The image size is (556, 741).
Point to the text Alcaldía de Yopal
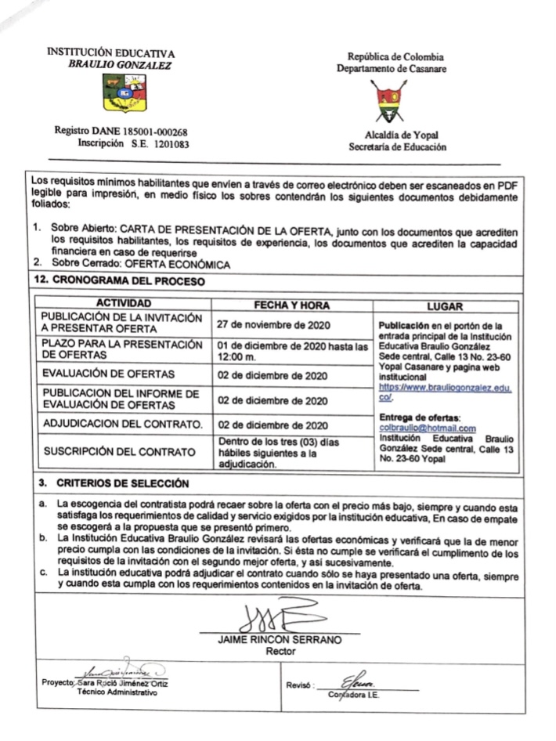click(x=389, y=135)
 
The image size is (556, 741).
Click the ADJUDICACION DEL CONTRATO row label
click(x=121, y=425)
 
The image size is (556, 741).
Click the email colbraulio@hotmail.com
click(x=427, y=428)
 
